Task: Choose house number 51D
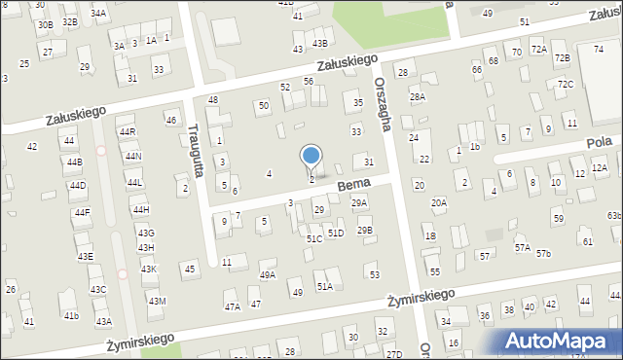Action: pyautogui.click(x=335, y=234)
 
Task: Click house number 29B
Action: pyautogui.click(x=364, y=231)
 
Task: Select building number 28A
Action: pyautogui.click(x=417, y=97)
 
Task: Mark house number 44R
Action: pyautogui.click(x=128, y=131)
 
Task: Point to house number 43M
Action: pyautogui.click(x=157, y=302)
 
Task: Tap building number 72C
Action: pyautogui.click(x=566, y=85)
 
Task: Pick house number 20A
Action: pyautogui.click(x=439, y=203)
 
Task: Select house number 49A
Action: pyautogui.click(x=267, y=275)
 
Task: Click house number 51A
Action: pyautogui.click(x=324, y=286)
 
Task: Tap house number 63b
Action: pyautogui.click(x=613, y=216)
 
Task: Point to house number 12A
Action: pyautogui.click(x=599, y=168)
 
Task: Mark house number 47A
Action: pyautogui.click(x=233, y=307)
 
